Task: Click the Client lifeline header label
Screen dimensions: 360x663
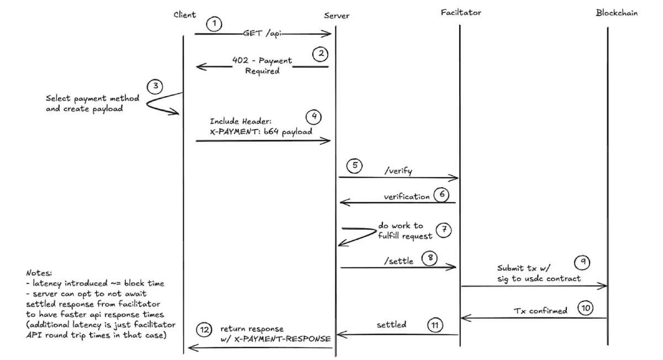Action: tap(184, 14)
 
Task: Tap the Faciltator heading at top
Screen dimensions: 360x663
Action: tap(461, 12)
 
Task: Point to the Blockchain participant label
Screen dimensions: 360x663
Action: tap(617, 12)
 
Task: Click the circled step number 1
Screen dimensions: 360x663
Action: tap(214, 24)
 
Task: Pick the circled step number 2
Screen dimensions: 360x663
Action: tap(320, 54)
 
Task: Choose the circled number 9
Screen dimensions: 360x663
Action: tap(583, 262)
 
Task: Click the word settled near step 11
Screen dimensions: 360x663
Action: tap(392, 325)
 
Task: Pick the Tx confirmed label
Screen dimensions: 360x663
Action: tap(541, 311)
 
